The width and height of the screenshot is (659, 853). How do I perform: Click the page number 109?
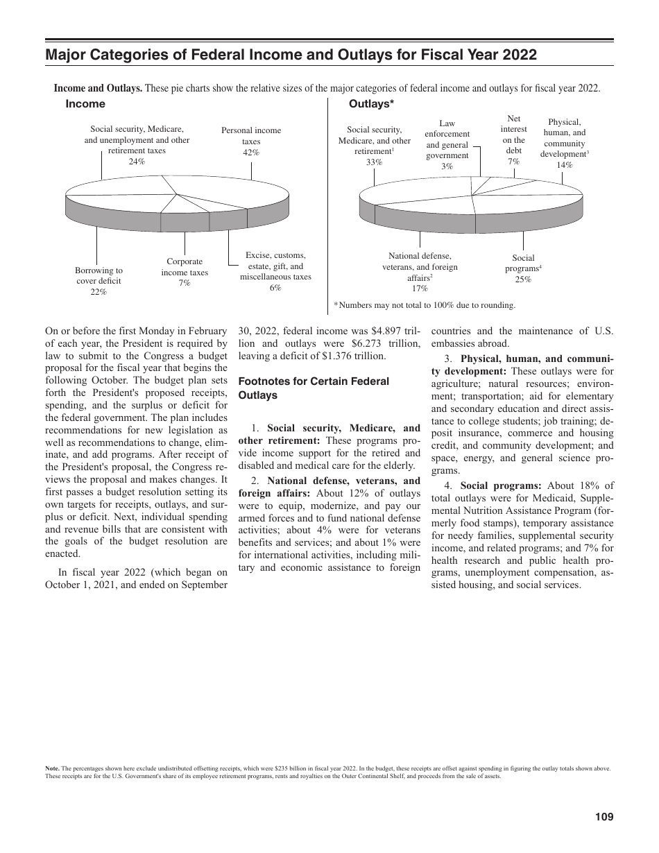tap(604, 817)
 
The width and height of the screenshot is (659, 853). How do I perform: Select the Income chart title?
tap(85, 104)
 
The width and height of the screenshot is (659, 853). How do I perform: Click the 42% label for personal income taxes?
tap(251, 152)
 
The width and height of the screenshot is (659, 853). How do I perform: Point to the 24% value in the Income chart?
tap(137, 161)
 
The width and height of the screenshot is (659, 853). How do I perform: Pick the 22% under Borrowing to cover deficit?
tap(99, 292)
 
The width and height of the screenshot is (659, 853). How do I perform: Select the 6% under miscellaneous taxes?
tap(275, 287)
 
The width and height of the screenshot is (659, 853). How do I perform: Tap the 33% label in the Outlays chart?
tap(374, 162)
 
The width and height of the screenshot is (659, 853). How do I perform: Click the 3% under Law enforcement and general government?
tap(447, 166)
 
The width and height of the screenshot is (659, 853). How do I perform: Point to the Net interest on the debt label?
tap(514, 135)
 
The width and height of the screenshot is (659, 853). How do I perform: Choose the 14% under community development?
tap(564, 165)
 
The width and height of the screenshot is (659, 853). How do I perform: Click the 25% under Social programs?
tap(523, 279)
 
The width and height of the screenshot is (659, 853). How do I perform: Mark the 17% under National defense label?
tap(420, 288)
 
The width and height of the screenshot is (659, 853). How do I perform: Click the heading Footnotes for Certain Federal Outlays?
tap(314, 388)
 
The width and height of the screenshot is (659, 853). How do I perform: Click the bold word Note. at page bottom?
tap(52, 768)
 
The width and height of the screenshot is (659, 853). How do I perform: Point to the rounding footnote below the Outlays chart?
tap(424, 304)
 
